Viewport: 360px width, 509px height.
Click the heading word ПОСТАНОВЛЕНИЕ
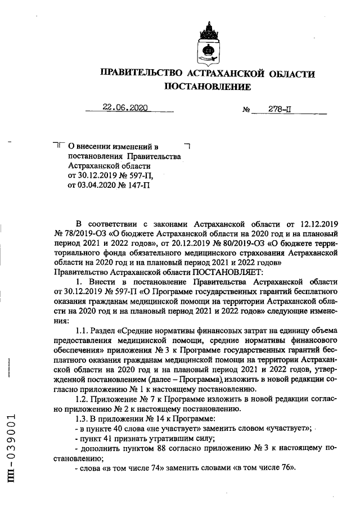tap(207, 88)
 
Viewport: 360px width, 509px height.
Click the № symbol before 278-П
tap(246, 110)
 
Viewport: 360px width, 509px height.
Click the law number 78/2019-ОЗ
tap(83, 233)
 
